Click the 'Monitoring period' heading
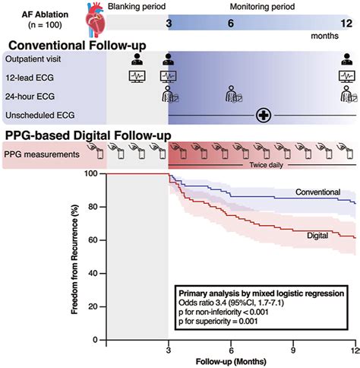(257, 5)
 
